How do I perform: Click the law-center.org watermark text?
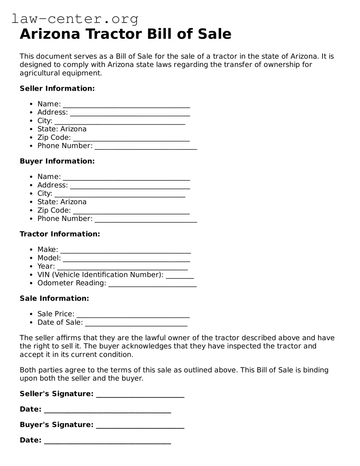[75, 19]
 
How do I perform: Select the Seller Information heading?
[57, 89]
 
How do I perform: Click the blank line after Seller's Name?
[126, 106]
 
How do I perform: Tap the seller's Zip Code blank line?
[131, 140]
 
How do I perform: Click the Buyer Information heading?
[57, 161]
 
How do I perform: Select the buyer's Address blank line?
[130, 187]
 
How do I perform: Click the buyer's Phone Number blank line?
[146, 221]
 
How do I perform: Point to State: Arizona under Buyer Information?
[62, 202]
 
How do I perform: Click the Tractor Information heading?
[60, 234]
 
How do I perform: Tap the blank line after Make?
[125, 252]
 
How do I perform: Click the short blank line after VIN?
[180, 277]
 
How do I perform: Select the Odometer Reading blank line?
[152, 285]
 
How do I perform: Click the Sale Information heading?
[54, 298]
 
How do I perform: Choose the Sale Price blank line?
[133, 317]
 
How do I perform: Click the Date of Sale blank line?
[136, 325]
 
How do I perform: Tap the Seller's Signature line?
[140, 396]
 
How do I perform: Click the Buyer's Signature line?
[140, 427]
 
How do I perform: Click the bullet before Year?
[31, 266]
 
